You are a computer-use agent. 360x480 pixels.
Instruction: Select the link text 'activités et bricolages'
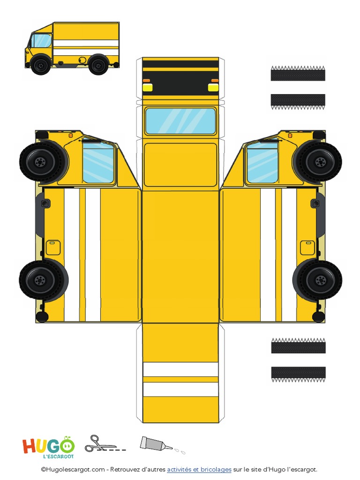click(x=199, y=469)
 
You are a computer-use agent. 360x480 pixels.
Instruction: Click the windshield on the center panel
click(x=180, y=121)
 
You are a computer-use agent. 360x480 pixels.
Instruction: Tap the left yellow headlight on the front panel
click(x=147, y=87)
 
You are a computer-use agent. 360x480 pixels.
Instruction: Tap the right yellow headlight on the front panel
click(x=213, y=87)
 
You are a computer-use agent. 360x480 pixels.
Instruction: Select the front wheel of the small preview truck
click(x=41, y=65)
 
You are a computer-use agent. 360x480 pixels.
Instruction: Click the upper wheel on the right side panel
click(x=320, y=162)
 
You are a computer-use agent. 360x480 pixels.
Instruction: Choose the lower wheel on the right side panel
click(x=320, y=280)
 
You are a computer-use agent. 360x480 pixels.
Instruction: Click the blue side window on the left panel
click(x=98, y=162)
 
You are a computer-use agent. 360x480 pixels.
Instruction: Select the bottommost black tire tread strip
click(x=298, y=374)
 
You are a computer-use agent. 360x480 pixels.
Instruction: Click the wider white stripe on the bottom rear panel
click(x=180, y=390)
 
